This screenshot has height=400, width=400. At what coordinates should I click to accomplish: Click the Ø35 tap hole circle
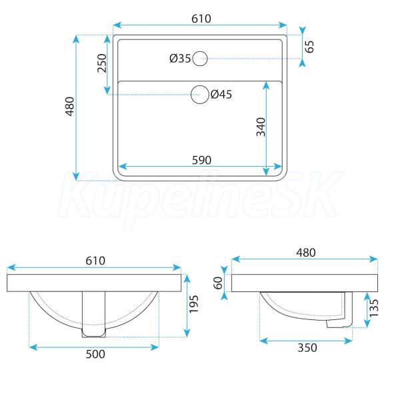point(200,51)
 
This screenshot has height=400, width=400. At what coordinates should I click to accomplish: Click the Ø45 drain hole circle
point(200,85)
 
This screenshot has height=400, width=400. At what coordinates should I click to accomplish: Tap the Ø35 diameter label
point(180,59)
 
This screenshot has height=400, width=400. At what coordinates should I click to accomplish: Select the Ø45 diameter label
point(221,95)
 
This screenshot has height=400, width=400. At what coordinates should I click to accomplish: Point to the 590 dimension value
point(201,160)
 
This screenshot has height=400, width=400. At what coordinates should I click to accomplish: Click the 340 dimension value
point(261,127)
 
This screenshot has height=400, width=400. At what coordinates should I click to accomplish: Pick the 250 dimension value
point(102,63)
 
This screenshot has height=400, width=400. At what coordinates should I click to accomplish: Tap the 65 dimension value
point(309,47)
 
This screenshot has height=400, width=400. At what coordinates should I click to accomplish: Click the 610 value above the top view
point(201,19)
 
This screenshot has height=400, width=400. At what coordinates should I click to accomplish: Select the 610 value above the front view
point(95,261)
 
